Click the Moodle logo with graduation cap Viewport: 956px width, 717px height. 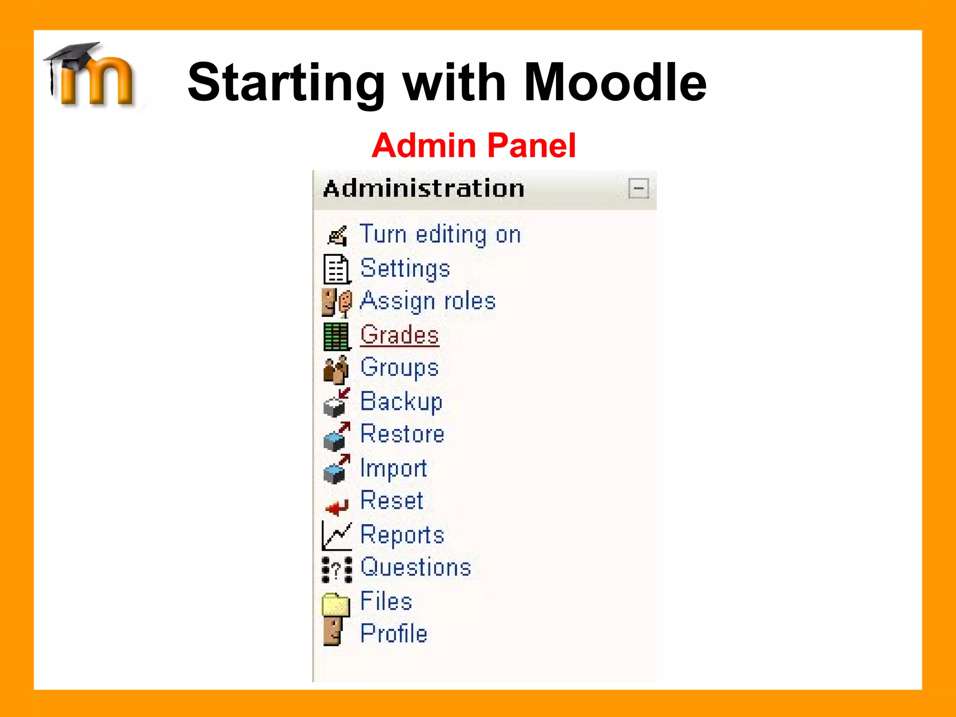[x=91, y=75]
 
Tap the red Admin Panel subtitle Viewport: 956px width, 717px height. [x=474, y=146]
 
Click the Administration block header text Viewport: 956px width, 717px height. [x=424, y=189]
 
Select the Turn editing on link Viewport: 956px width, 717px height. [x=440, y=234]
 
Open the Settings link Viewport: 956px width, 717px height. [x=405, y=268]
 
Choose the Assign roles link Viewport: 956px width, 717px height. [x=428, y=301]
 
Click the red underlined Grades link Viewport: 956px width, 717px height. [x=400, y=335]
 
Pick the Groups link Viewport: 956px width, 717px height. [x=400, y=367]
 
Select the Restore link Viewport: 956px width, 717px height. [x=402, y=434]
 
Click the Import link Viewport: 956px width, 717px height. [x=394, y=468]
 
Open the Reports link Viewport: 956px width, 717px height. [x=402, y=534]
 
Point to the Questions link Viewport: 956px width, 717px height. [x=415, y=567]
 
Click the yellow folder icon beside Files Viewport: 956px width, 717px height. [x=336, y=604]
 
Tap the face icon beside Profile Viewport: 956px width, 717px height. [x=333, y=631]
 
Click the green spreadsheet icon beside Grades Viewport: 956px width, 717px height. [x=336, y=336]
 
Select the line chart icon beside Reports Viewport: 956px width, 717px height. [x=336, y=535]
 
